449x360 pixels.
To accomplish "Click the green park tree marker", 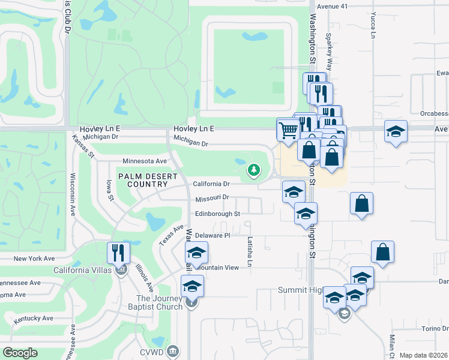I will [x=254, y=170].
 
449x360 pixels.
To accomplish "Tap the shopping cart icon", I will [x=288, y=129].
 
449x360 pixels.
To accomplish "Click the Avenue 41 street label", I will [x=333, y=5].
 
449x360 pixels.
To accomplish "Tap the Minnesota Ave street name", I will [x=144, y=161].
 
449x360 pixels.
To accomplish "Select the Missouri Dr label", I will [x=212, y=198].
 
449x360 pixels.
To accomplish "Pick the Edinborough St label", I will [x=217, y=214].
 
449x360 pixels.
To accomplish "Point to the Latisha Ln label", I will [x=250, y=247].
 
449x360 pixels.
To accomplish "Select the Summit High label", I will [x=300, y=290].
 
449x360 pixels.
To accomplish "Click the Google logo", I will [x=20, y=353].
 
